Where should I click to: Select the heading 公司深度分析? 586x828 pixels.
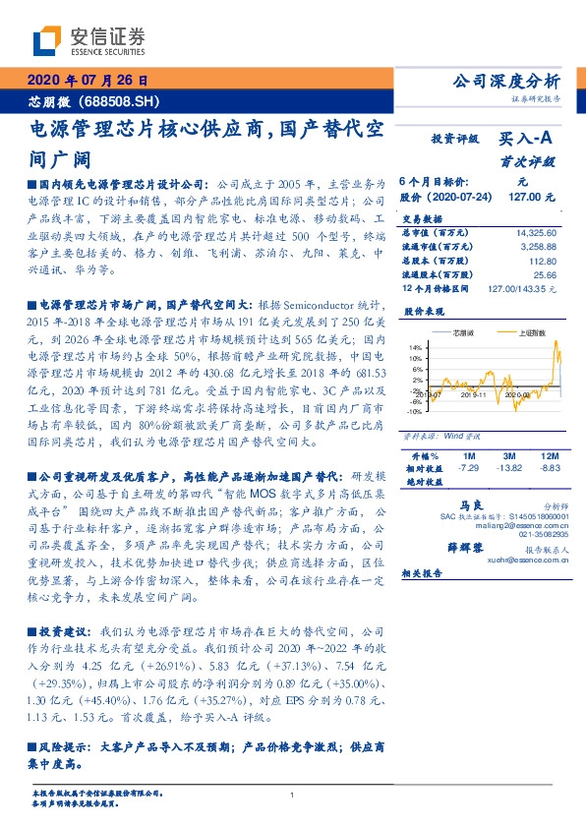[503, 81]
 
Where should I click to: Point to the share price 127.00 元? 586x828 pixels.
[533, 197]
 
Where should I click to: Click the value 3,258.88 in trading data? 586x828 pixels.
[537, 246]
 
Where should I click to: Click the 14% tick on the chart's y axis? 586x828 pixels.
[416, 348]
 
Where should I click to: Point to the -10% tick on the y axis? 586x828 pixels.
[415, 411]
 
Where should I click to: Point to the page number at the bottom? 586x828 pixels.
[293, 795]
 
